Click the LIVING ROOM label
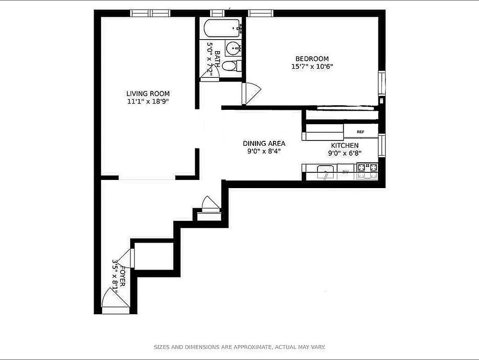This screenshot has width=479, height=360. click(x=148, y=94)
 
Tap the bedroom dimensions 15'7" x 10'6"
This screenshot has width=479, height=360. click(x=312, y=67)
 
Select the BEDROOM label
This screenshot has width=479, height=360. click(x=312, y=58)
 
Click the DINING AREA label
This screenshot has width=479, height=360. click(x=264, y=144)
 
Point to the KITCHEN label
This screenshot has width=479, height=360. click(x=345, y=145)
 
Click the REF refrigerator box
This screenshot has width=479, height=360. click(x=360, y=132)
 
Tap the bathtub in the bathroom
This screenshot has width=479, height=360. click(x=222, y=30)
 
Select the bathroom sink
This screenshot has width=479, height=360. click(x=233, y=47)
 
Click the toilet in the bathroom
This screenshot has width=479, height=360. click(x=231, y=66)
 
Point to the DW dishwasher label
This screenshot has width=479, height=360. click(x=345, y=172)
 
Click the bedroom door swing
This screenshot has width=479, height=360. click(x=250, y=94)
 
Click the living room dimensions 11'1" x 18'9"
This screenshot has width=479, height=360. click(x=148, y=102)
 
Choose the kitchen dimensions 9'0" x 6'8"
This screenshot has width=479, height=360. click(x=345, y=153)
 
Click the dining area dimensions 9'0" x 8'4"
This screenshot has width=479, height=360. click(x=264, y=152)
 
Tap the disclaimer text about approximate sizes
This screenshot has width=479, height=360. click(x=239, y=347)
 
